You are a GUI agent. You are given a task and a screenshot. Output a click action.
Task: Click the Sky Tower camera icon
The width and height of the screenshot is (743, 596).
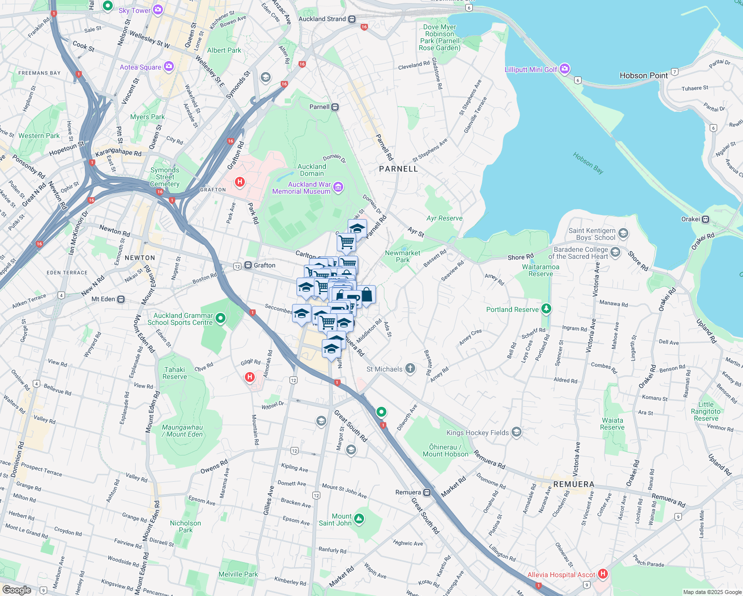click(158, 9)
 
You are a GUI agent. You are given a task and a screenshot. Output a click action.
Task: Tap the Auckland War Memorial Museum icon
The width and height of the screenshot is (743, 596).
click(338, 187)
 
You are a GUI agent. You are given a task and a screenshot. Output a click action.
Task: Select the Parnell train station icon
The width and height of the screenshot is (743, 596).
click(335, 107)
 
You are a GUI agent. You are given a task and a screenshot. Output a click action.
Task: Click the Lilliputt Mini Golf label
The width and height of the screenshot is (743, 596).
click(531, 70)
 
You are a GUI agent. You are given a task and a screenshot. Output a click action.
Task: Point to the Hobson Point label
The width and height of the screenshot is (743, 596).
click(644, 75)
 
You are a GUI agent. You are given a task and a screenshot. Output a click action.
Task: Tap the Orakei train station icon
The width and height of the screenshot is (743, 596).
click(705, 219)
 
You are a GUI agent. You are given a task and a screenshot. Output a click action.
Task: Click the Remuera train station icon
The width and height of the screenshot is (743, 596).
click(427, 492)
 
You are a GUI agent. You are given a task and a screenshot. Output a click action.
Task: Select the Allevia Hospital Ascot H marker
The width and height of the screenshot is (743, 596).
click(603, 574)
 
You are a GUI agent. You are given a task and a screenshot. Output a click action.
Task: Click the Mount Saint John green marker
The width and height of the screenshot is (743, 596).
click(359, 519)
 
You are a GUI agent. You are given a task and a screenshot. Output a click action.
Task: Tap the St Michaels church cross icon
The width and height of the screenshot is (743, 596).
click(410, 369)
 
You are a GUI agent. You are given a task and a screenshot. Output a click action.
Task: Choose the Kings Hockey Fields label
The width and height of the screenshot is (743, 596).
click(477, 433)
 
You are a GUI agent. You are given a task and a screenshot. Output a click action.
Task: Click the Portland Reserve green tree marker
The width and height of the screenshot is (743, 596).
click(546, 309)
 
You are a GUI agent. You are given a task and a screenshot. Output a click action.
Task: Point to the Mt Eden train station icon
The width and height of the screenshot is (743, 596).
click(121, 299)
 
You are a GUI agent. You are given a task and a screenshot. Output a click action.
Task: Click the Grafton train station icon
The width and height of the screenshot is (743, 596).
click(248, 266)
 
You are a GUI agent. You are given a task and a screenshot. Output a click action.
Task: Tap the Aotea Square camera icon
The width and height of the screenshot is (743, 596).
click(168, 67)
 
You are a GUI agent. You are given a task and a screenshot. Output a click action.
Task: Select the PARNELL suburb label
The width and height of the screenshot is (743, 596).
click(398, 169)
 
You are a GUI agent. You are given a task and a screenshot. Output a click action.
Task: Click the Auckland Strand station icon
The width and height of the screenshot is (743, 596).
click(352, 19)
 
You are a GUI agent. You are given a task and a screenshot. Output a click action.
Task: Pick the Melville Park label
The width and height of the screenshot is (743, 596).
click(238, 574)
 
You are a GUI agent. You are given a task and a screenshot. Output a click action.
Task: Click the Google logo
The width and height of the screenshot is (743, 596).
click(16, 590)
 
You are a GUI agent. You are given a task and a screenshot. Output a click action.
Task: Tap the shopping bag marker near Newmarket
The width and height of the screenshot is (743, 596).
click(367, 295)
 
